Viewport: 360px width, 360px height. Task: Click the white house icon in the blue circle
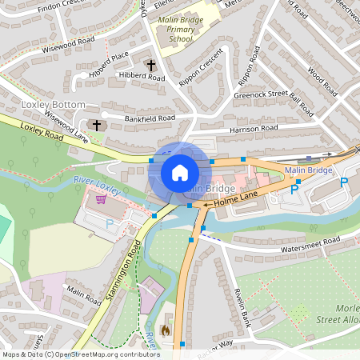tap(180, 173)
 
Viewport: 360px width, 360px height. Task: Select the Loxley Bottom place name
tap(53, 105)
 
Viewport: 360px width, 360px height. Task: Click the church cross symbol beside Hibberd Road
tap(150, 64)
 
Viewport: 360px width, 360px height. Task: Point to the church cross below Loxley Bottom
tap(98, 126)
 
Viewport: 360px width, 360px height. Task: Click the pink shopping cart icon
tap(101, 199)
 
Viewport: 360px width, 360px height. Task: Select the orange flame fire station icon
tap(166, 328)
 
